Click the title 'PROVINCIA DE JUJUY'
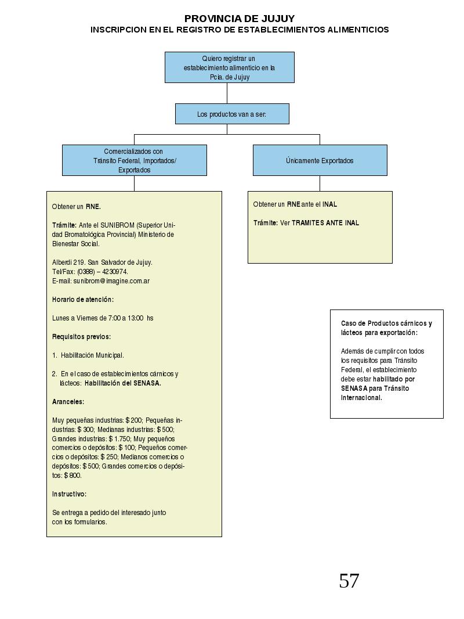[x=240, y=19]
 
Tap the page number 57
[x=349, y=581]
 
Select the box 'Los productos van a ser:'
[x=232, y=114]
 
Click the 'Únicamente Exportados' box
[x=320, y=160]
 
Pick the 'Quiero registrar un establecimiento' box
[x=230, y=67]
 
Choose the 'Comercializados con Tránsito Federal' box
[x=135, y=160]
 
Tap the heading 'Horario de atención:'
[x=83, y=300]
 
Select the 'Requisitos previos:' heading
[x=82, y=337]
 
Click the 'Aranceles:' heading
[x=68, y=402]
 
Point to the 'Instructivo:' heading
[x=70, y=494]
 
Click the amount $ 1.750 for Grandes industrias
[x=119, y=439]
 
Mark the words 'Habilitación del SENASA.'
[x=122, y=383]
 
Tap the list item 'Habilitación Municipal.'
[x=92, y=355]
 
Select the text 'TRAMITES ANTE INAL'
[x=325, y=223]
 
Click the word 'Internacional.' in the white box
[x=361, y=398]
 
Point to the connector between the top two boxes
[x=227, y=93]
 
